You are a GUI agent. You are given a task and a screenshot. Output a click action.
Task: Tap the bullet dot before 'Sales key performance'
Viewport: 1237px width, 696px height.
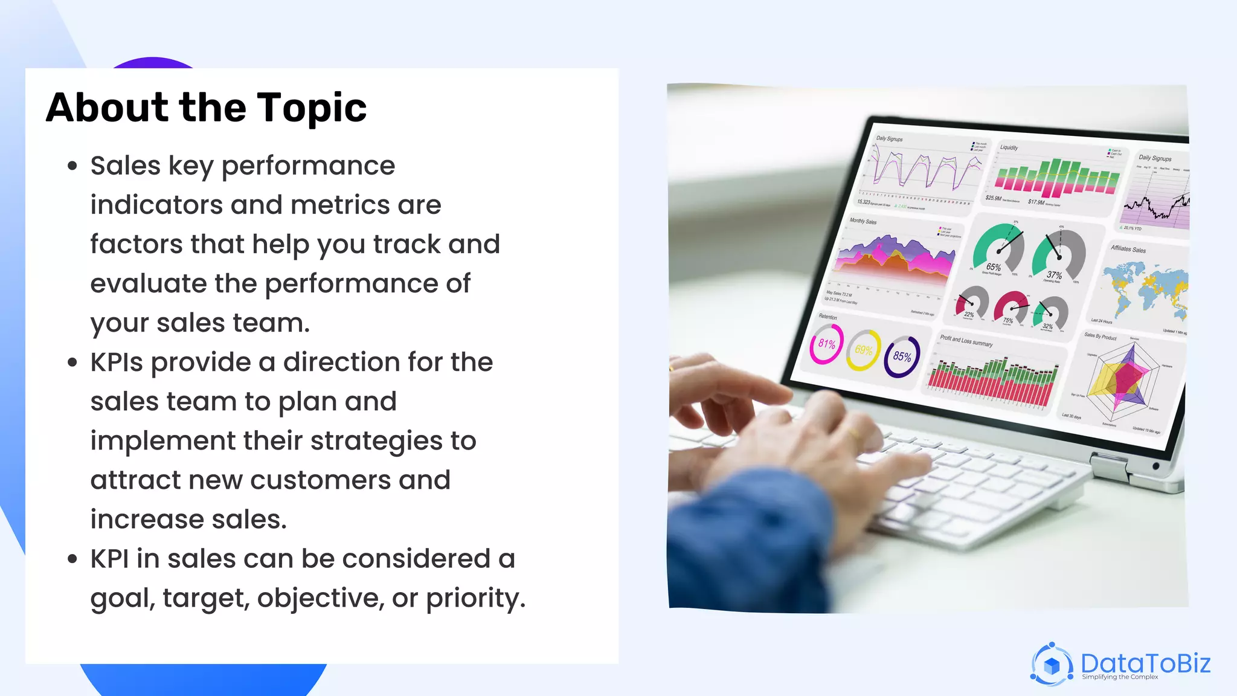(72, 166)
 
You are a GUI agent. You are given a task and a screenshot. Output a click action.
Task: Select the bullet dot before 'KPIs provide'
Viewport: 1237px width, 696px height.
(72, 362)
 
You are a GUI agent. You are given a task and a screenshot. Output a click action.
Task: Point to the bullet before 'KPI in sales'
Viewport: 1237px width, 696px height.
(72, 559)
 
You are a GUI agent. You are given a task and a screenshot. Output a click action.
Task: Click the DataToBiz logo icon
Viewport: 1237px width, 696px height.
(1052, 665)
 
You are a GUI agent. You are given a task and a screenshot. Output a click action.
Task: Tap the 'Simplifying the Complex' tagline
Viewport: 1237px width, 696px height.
(1120, 677)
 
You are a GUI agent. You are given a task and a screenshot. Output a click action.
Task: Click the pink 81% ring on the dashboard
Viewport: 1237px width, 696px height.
(826, 344)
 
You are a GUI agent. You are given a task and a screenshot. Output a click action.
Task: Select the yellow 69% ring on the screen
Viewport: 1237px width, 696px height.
(863, 350)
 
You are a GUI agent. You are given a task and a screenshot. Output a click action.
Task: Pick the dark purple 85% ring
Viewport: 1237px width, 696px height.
(902, 356)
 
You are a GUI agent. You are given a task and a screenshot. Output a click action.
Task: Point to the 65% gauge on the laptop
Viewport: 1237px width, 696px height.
(998, 249)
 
